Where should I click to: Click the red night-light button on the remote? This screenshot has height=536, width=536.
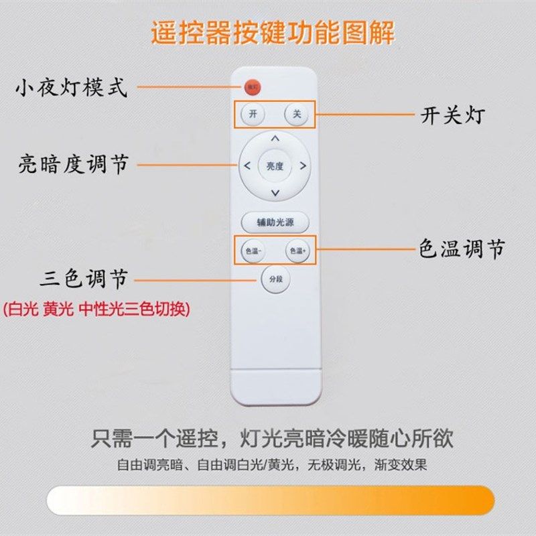point(253,86)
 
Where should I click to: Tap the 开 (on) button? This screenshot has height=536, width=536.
point(253,114)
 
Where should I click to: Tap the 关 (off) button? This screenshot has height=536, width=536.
point(295,114)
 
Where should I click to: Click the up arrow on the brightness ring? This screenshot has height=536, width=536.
point(274,139)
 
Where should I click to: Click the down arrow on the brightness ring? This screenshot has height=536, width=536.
point(274,193)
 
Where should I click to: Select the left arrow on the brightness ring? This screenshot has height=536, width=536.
point(246,165)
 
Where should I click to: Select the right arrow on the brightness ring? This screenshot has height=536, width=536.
point(303,165)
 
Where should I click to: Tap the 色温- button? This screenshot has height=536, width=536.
point(252,251)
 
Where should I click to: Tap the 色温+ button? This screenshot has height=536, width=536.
point(296,251)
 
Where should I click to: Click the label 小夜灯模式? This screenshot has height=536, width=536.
point(71,88)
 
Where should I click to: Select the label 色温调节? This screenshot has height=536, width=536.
point(462,250)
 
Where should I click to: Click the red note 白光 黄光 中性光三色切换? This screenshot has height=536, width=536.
point(97,310)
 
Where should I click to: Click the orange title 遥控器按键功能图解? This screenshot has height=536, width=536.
point(272,33)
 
